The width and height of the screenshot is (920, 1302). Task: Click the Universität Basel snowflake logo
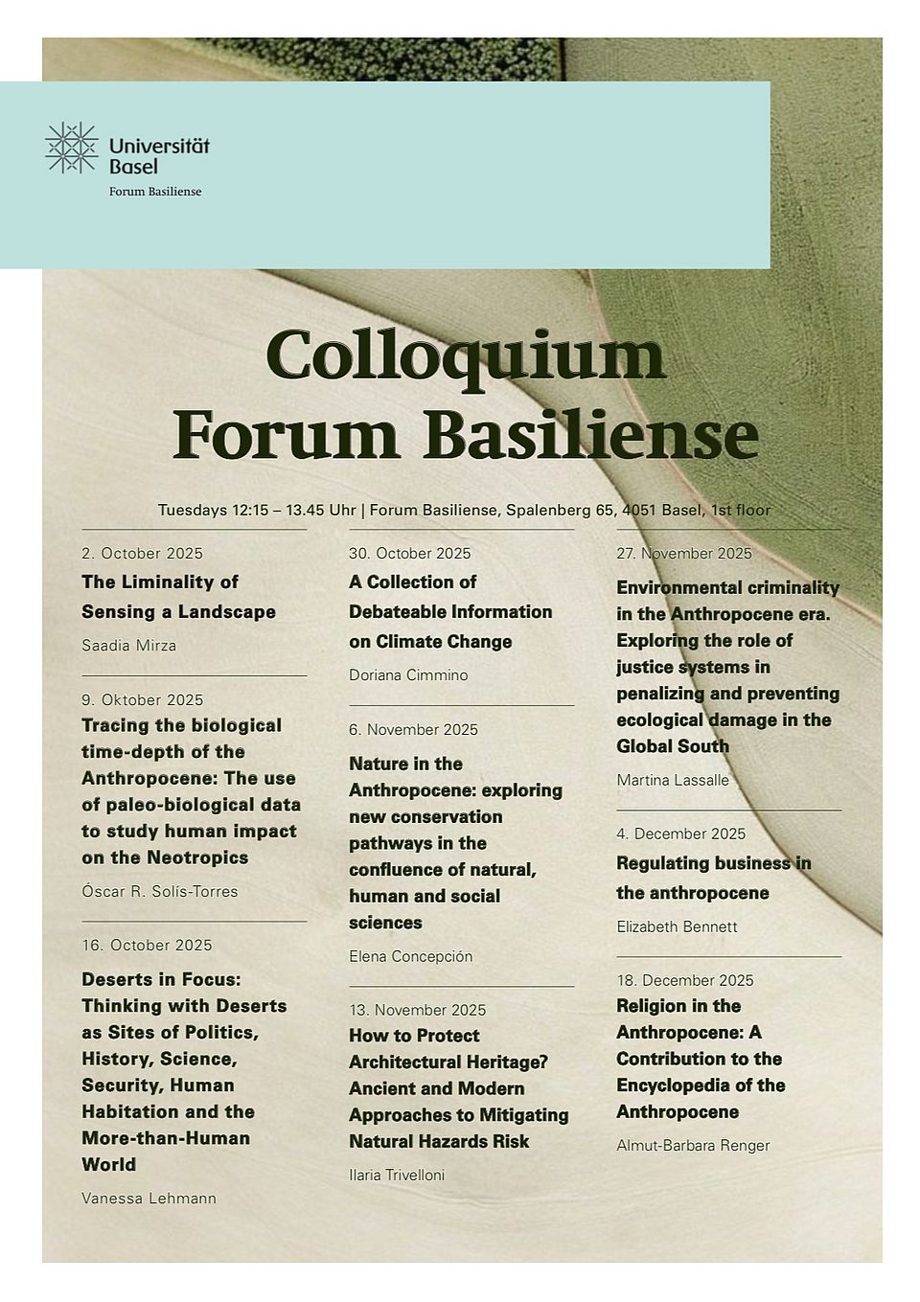[x=72, y=148]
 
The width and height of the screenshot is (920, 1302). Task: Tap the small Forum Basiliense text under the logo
[x=155, y=192]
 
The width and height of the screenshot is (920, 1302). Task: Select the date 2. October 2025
[x=143, y=553]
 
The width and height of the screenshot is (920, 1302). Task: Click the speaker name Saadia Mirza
[x=129, y=645]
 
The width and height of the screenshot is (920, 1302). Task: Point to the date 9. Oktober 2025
[x=143, y=699]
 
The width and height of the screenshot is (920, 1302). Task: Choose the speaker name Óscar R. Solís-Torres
[x=160, y=891]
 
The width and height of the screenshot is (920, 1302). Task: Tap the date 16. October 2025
[x=147, y=945]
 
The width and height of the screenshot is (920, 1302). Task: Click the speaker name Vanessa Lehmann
[x=149, y=1198]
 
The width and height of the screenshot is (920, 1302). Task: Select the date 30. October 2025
[x=410, y=553]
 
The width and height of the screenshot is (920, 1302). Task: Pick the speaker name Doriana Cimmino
[x=408, y=674]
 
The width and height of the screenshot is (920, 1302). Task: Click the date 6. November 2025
[x=413, y=729]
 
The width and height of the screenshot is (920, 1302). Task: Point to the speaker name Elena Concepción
[x=411, y=956]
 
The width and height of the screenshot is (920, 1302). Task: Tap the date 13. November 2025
[x=417, y=1010]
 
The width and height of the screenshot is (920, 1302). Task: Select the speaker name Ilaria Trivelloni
[x=397, y=1175]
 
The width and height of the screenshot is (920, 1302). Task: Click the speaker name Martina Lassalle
[x=673, y=780]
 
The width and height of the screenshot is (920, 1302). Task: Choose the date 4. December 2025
[x=680, y=834]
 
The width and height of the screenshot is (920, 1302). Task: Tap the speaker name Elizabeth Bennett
[x=677, y=926]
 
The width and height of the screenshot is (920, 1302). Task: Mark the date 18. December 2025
[x=685, y=980]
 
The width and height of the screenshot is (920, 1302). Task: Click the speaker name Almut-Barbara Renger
[x=693, y=1145]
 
